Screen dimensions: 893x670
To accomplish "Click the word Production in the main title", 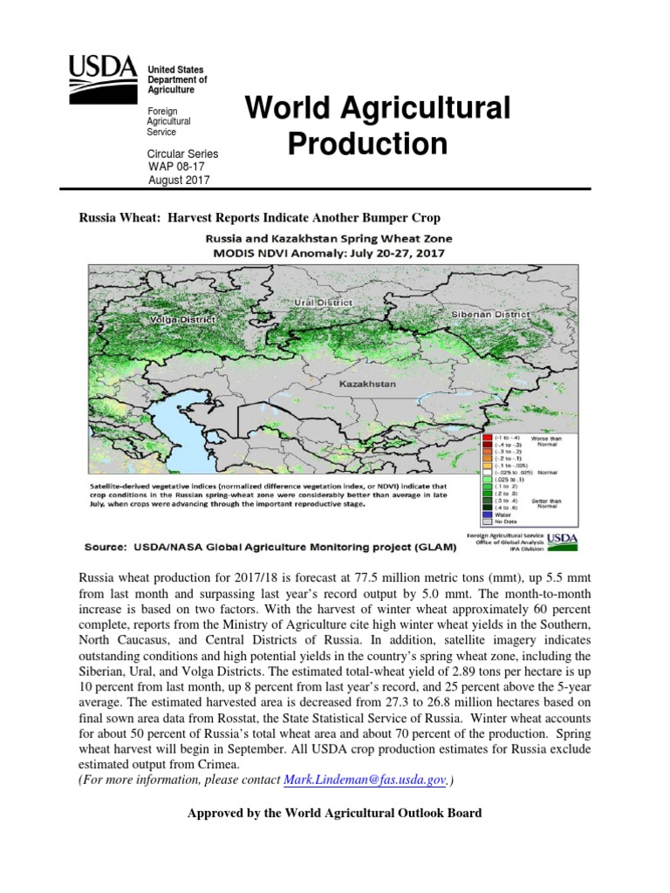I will [367, 144].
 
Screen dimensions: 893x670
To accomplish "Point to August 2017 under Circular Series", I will [179, 181].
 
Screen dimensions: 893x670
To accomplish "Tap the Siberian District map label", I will [489, 314].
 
